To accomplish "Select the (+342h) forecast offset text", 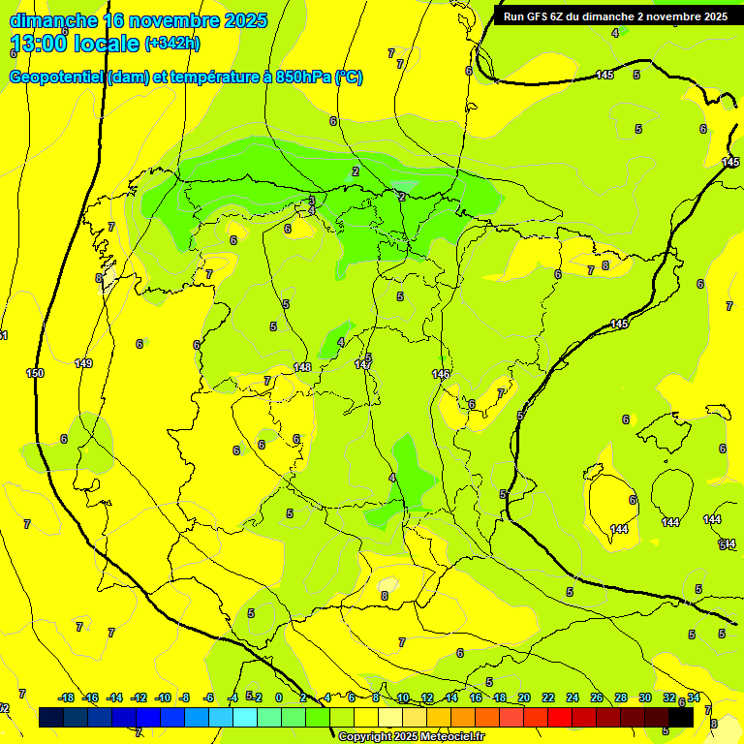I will click(x=171, y=44).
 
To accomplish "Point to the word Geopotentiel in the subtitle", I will click(x=55, y=77).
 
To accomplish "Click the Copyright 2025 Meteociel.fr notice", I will click(x=411, y=737).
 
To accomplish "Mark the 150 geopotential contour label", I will click(x=35, y=373).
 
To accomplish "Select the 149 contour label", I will click(x=83, y=363).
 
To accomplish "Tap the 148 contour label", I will click(x=302, y=367).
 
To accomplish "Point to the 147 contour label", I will click(x=362, y=364).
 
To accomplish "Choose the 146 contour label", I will click(x=441, y=374).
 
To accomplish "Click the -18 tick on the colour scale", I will click(x=67, y=697).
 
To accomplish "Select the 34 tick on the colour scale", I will click(x=694, y=697).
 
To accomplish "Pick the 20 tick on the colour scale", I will click(x=524, y=697).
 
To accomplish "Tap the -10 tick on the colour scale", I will click(x=162, y=697).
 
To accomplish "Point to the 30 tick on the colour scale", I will click(x=645, y=697).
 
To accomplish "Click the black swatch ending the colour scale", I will click(x=681, y=718).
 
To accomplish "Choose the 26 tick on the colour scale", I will click(x=597, y=697).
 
